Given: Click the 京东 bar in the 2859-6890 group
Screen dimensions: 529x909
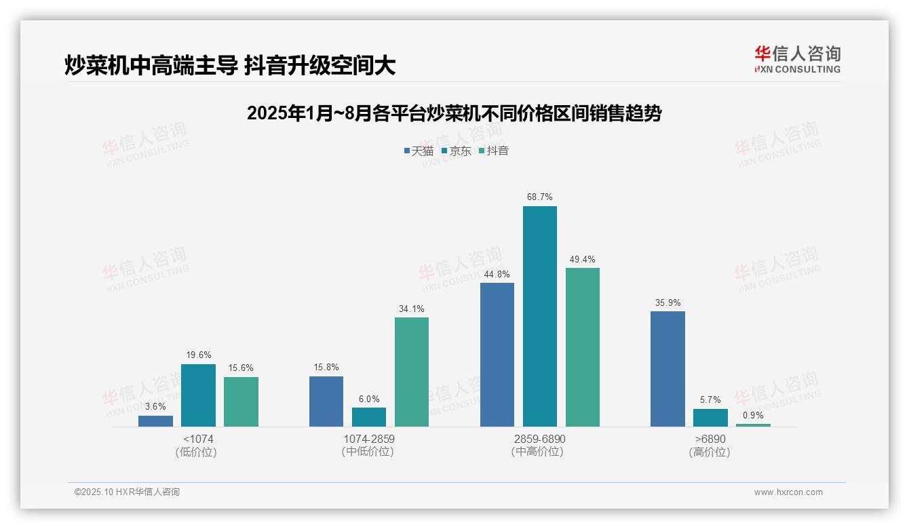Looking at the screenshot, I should tap(539, 316).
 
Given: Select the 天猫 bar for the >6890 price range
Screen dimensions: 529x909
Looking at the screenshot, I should tap(668, 369).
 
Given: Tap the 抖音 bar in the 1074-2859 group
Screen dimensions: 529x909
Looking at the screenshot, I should tap(412, 372).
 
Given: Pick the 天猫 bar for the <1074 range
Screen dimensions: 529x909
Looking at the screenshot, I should tap(155, 421).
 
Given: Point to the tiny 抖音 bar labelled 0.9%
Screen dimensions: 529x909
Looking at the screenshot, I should tap(753, 425).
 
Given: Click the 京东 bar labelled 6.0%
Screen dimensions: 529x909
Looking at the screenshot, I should tap(369, 417).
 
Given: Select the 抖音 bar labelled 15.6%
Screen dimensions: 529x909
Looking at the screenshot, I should tap(241, 401).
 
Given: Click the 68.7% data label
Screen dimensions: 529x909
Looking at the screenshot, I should tap(539, 197).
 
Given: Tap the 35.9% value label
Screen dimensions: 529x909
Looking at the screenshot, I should tap(668, 302).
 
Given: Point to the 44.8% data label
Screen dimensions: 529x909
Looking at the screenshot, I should tap(497, 274).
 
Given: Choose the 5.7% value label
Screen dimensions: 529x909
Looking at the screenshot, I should tap(710, 400).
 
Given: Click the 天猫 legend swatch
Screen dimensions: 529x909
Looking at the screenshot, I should tap(407, 151).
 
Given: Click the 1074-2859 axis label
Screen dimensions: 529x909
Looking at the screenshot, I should tap(368, 439).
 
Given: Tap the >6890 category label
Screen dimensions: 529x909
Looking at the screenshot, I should tap(710, 439).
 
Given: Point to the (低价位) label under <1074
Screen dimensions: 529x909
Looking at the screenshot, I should tap(197, 452).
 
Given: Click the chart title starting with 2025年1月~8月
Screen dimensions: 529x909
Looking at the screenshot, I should tap(454, 113).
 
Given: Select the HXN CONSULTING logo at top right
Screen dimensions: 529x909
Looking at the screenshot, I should tap(797, 60).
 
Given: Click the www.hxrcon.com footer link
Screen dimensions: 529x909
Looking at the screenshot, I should tap(788, 492).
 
